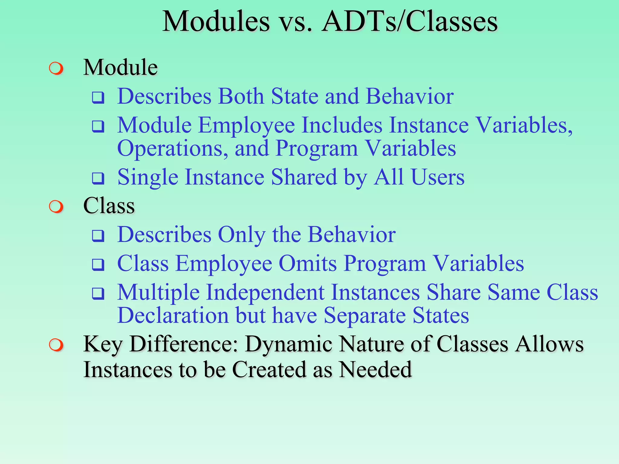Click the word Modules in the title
coord(216,22)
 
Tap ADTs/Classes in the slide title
coord(409,22)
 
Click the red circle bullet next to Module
coord(56,69)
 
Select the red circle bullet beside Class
coord(56,207)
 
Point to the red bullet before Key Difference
coord(56,345)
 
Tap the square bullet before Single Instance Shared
coord(98,179)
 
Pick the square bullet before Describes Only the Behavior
coord(98,236)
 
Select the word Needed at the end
coord(375,370)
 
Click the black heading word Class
coord(109,206)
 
